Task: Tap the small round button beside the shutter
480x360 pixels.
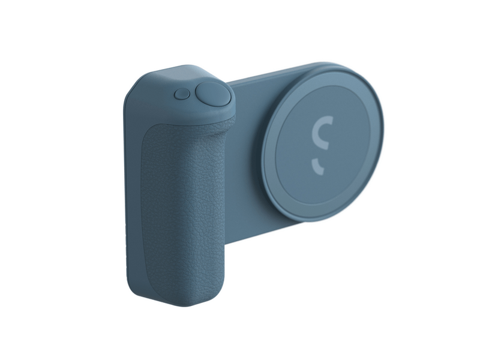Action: pyautogui.click(x=181, y=94)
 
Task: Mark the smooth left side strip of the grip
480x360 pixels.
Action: pyautogui.click(x=133, y=198)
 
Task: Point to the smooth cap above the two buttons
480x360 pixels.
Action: pyautogui.click(x=180, y=75)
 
